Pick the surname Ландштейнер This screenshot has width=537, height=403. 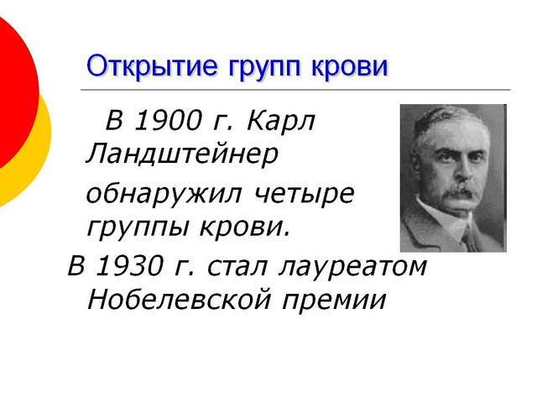[181, 154]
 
